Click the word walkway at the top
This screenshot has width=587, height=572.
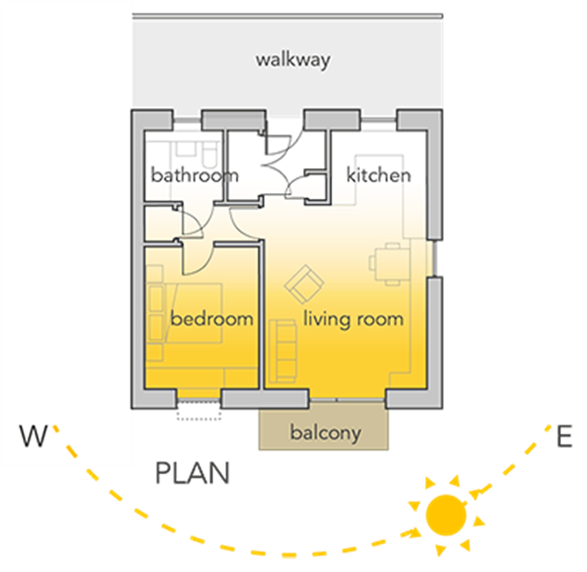tap(292, 61)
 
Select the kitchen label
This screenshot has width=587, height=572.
tap(379, 176)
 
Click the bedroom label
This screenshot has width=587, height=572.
tap(212, 319)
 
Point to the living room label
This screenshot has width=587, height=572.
tap(353, 319)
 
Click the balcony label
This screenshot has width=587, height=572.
tap(325, 433)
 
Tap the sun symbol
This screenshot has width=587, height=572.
tap(446, 515)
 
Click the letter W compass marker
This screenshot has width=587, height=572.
tap(32, 436)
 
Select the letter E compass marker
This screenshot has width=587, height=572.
tap(564, 438)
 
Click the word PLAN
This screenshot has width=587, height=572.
tap(192, 474)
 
